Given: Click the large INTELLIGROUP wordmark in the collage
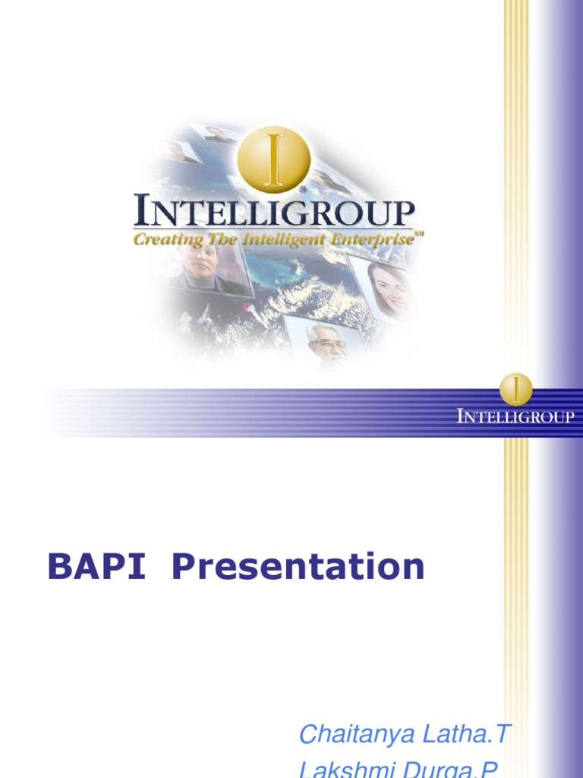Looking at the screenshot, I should click(x=274, y=212).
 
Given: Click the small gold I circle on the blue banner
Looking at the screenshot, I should click(x=516, y=389).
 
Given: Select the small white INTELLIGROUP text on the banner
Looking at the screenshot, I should click(x=515, y=416).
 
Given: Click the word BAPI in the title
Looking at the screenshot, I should click(x=96, y=567).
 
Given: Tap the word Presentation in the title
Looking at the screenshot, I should click(x=298, y=567).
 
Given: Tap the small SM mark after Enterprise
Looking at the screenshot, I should click(x=418, y=235).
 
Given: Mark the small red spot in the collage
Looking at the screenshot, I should click(x=245, y=307).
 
